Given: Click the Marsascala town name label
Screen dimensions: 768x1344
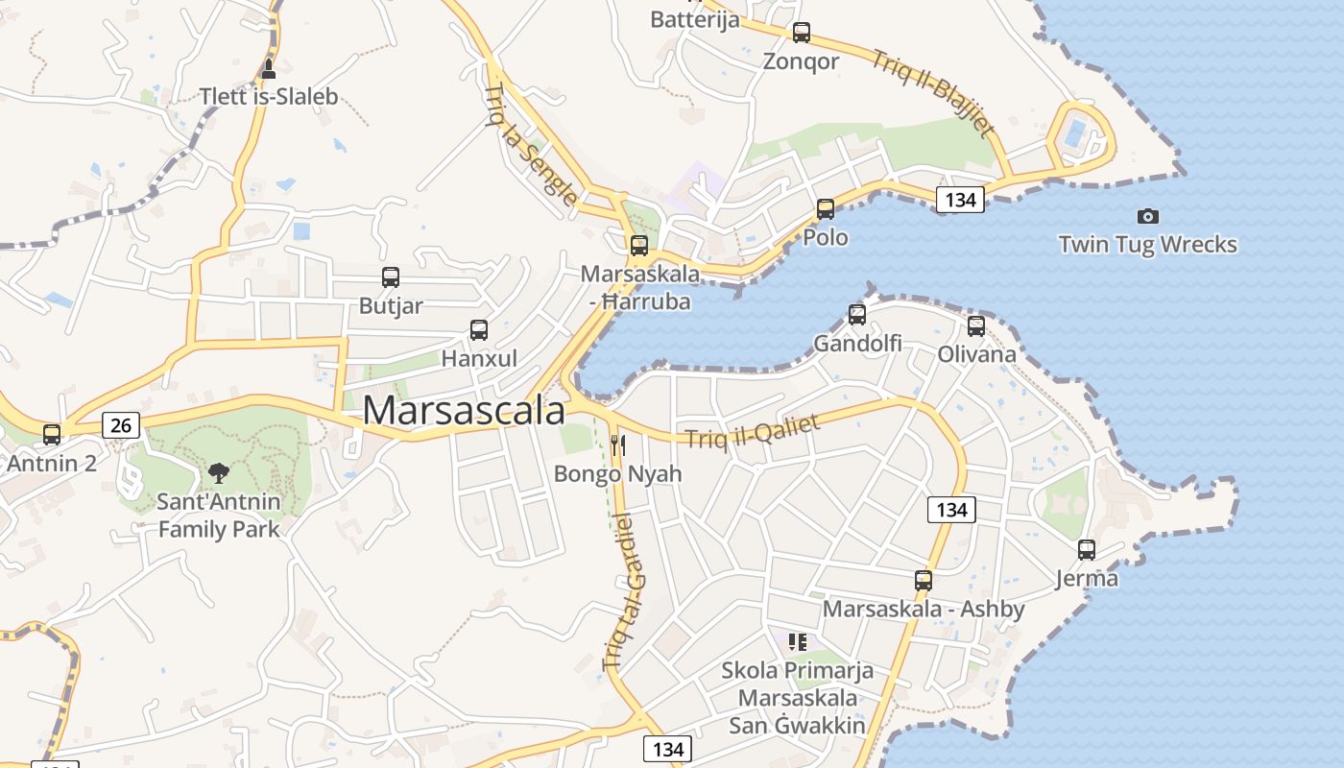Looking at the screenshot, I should [464, 411].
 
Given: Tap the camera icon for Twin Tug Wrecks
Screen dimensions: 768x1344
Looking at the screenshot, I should [1147, 216].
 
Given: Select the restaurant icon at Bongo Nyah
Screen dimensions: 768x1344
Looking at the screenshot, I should [618, 444].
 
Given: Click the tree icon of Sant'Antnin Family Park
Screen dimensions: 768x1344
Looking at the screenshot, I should [219, 472].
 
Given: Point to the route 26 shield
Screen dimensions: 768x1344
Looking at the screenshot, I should [120, 424].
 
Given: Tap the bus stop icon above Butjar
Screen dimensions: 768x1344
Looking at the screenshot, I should [391, 277].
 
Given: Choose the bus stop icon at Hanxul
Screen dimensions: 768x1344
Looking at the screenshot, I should [479, 330].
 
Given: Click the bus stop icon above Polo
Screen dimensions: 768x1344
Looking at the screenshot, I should [826, 208].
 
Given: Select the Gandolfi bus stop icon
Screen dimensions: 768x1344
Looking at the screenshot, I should [857, 314].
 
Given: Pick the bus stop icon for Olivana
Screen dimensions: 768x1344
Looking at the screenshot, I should [976, 325].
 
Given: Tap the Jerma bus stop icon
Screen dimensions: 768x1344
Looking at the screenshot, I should [1087, 550].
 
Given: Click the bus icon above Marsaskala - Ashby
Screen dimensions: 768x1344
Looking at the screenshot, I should [924, 580].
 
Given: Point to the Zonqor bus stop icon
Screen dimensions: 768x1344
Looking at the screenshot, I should [802, 33].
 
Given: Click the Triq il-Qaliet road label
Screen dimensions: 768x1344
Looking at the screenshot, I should [753, 431].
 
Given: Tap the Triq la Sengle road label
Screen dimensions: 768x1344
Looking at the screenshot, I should [531, 144].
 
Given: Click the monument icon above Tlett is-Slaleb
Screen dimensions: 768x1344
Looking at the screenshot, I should [268, 68].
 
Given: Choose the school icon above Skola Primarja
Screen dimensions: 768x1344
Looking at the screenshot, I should [797, 641].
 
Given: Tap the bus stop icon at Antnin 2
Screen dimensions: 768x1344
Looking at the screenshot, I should [52, 435].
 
